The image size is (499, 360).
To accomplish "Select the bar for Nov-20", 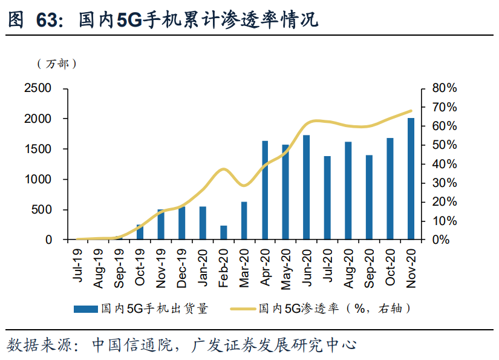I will tap(411, 179).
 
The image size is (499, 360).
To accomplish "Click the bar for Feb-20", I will tap(224, 233).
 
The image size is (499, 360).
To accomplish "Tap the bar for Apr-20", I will tap(265, 191).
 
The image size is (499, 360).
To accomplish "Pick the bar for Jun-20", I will tap(307, 188).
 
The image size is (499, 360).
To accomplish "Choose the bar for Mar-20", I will tap(244, 221).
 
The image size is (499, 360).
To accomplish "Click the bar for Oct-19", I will tap(140, 232).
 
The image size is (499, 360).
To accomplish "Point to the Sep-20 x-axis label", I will tap(369, 265).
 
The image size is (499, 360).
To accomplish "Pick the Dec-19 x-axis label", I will tap(181, 265).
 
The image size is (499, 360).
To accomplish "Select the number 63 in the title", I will tap(48, 20).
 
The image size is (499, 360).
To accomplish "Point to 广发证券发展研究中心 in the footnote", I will tap(273, 345).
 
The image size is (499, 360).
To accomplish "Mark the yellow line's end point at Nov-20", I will tap(411, 111).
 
